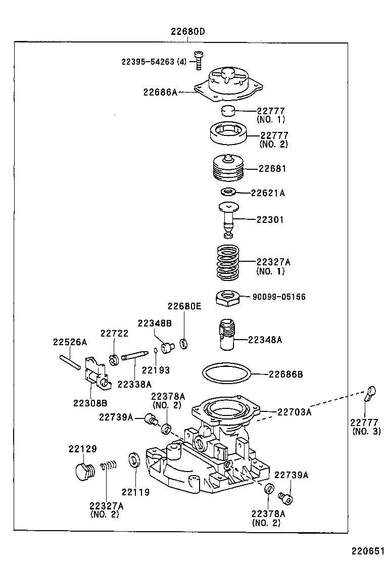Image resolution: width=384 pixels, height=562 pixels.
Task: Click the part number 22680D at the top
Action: click(x=187, y=32)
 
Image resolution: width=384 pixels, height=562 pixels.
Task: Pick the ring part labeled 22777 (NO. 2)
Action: click(x=228, y=134)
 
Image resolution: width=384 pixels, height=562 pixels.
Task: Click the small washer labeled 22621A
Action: click(x=228, y=192)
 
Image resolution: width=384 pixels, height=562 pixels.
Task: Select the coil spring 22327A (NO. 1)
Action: click(x=227, y=262)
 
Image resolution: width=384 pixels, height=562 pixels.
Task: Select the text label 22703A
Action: click(x=294, y=412)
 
